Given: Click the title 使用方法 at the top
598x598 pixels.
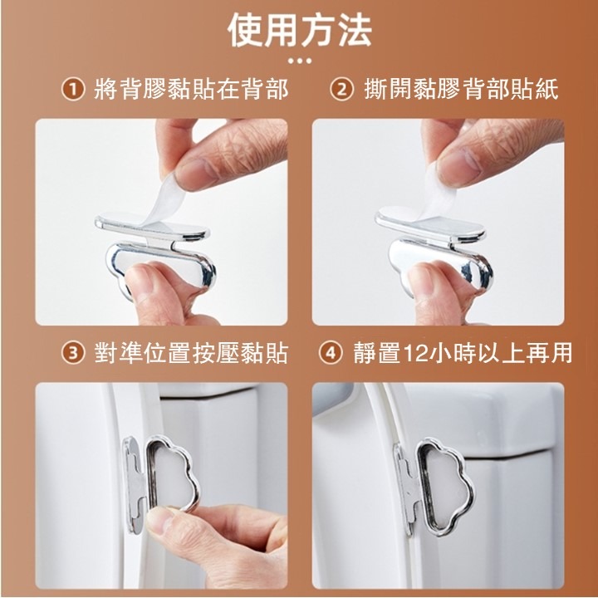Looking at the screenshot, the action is (x=300, y=30).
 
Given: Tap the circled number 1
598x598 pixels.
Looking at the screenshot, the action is (x=73, y=90).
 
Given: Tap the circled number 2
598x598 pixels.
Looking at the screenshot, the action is (x=341, y=90).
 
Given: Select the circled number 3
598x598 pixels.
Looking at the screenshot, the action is (x=73, y=353).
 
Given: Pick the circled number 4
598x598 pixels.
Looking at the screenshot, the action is (x=331, y=353).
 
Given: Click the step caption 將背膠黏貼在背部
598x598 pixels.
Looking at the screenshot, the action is (x=191, y=90).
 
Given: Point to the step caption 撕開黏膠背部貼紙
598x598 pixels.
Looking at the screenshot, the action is (x=461, y=90).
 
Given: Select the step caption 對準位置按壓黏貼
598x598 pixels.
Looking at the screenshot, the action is (x=191, y=353).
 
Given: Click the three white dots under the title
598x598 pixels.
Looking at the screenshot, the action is (x=300, y=61).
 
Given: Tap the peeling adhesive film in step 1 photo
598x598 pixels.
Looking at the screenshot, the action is (x=168, y=201).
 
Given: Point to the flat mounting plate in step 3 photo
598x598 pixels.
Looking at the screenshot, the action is (x=135, y=484).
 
